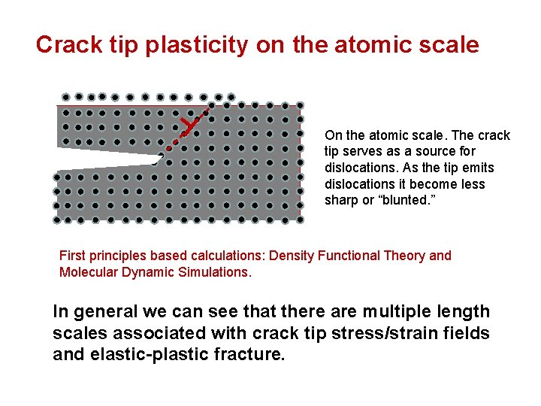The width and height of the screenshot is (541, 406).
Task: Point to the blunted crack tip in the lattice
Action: pyautogui.click(x=159, y=158)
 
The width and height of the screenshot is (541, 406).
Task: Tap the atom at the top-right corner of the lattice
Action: pyautogui.click(x=300, y=105)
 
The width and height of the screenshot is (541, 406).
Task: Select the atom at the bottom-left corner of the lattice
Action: pyautogui.click(x=57, y=220)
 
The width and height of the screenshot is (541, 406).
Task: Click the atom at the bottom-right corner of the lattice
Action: pyautogui.click(x=300, y=220)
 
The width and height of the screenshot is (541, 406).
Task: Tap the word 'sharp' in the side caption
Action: pyautogui.click(x=340, y=201)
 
